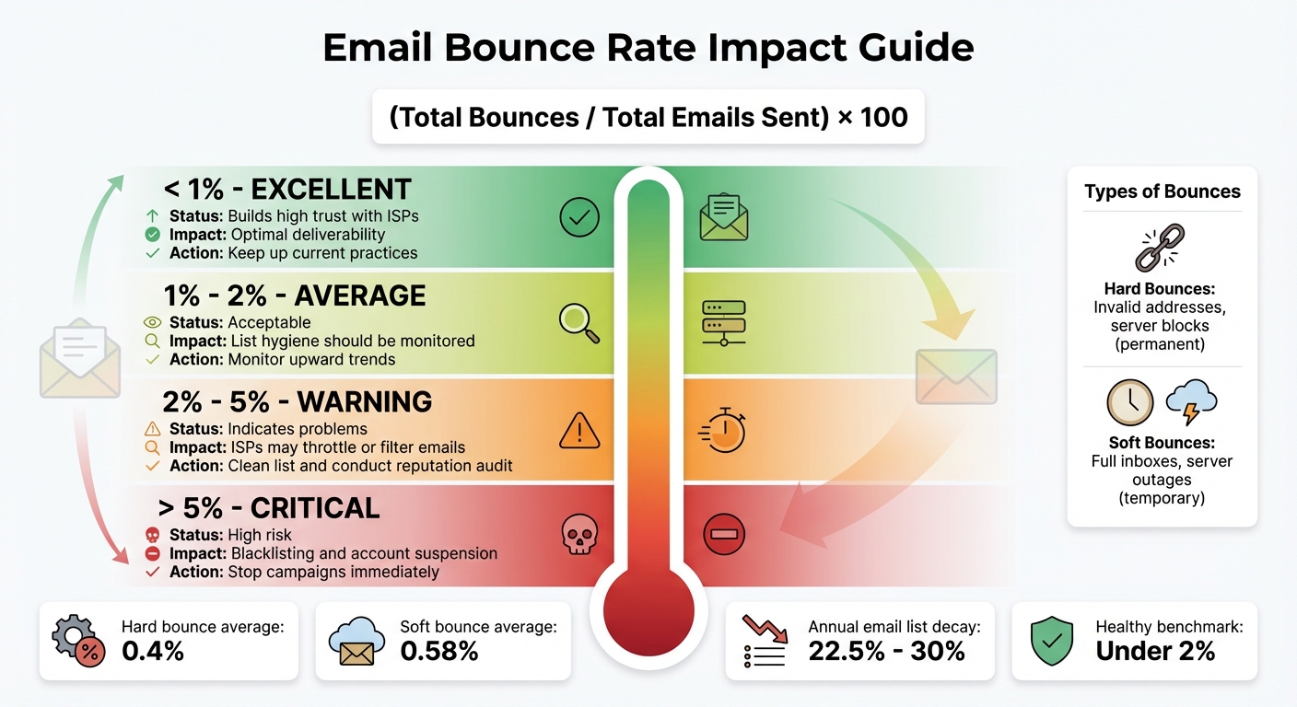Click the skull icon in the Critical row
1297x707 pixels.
point(579,535)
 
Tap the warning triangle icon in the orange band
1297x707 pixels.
point(579,430)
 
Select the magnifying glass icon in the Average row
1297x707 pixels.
point(579,322)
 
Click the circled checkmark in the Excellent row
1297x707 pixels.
point(579,217)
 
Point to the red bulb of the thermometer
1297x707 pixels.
point(648,610)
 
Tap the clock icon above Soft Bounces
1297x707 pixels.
point(1130,402)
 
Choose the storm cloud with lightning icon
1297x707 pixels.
point(1191,402)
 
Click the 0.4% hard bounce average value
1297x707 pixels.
point(153,651)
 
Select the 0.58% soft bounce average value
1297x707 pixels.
point(439,651)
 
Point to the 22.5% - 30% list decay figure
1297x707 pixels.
point(886,651)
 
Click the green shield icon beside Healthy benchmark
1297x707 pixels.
point(1052,642)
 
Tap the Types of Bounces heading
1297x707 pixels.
point(1163,191)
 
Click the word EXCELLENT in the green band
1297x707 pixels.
point(331,190)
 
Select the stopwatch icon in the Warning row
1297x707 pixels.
point(723,429)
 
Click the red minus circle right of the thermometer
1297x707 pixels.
point(723,534)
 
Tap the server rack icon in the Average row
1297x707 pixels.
point(723,322)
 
